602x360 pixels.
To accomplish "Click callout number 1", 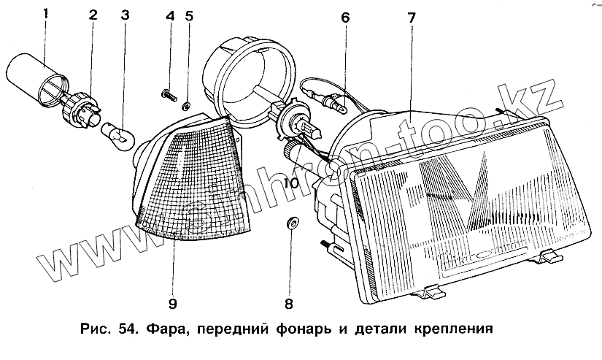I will [x=45, y=15].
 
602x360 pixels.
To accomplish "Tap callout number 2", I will [x=93, y=15].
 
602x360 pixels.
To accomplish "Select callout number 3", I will [x=125, y=15].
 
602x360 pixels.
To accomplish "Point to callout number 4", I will [x=170, y=16].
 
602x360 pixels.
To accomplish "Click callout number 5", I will [x=189, y=16].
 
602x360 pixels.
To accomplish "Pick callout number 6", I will [x=345, y=16].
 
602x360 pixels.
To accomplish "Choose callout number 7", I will [x=412, y=16].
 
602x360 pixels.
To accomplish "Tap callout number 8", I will [x=289, y=302].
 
